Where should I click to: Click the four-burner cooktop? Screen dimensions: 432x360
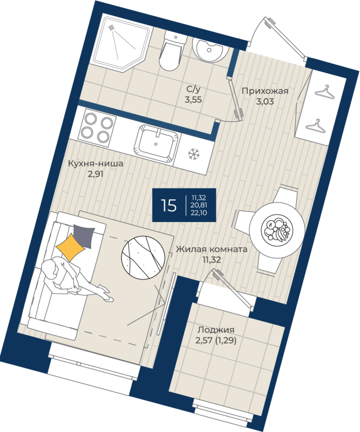click(x=98, y=126)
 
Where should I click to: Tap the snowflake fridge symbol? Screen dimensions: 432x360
click(x=194, y=154)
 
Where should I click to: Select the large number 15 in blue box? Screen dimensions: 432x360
click(x=168, y=205)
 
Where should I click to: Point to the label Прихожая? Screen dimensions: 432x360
click(x=264, y=91)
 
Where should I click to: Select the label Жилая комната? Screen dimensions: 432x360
click(x=211, y=250)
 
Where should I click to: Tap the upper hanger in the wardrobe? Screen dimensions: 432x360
click(x=324, y=92)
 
